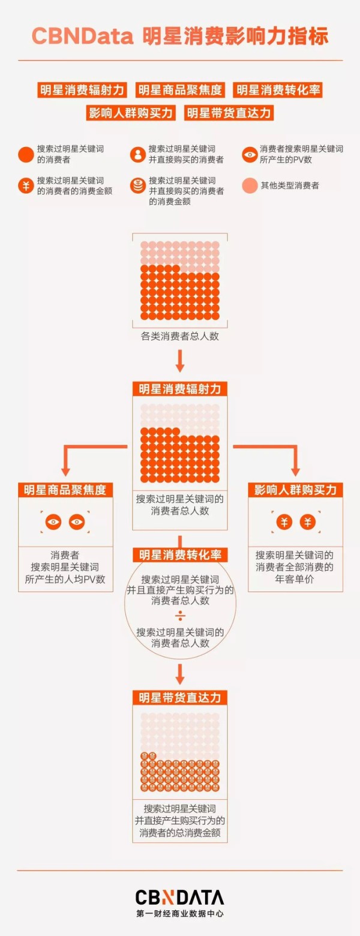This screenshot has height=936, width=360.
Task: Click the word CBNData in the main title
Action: click(x=82, y=37)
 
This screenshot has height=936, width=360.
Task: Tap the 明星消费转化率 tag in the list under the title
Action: click(x=278, y=90)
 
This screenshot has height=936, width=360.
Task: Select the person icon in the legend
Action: click(x=137, y=154)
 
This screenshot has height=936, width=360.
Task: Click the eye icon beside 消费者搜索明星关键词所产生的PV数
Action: click(x=250, y=154)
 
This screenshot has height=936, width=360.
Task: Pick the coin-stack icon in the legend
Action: click(x=137, y=185)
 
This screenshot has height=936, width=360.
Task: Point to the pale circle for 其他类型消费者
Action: click(x=250, y=185)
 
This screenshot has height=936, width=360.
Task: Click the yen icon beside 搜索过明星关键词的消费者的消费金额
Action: click(x=26, y=185)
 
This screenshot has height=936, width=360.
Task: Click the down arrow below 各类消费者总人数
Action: click(x=180, y=361)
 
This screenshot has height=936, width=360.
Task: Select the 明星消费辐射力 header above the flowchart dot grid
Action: click(x=180, y=389)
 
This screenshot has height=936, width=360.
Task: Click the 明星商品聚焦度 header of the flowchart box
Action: click(x=65, y=490)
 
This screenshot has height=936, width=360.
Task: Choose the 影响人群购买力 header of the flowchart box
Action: click(x=296, y=490)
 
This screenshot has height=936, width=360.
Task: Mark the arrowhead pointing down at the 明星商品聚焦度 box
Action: click(x=65, y=472)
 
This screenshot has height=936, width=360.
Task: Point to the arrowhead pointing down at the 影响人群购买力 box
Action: click(x=296, y=472)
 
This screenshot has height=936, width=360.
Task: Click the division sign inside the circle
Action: click(x=180, y=616)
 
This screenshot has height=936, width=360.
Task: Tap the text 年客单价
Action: click(x=295, y=579)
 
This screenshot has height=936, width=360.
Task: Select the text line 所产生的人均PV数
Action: click(x=65, y=579)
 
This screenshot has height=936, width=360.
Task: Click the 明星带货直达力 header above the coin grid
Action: click(x=180, y=698)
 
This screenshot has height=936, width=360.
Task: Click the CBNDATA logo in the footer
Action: click(x=179, y=897)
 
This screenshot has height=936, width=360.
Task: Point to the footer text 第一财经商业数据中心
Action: click(x=179, y=914)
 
